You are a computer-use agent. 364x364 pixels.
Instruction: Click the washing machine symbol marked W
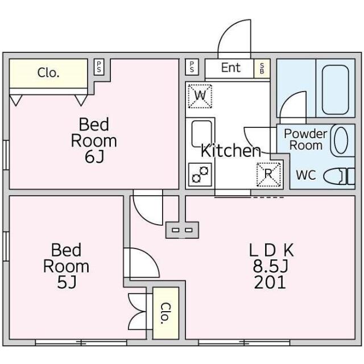[200, 96]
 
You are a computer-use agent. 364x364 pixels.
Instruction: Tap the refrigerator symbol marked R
[268, 175]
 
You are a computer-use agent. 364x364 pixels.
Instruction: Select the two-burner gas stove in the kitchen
[200, 175]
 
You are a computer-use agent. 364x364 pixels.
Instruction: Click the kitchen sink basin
[201, 134]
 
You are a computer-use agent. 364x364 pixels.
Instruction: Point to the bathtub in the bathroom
[336, 90]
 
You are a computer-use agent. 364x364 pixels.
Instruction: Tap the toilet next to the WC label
[339, 176]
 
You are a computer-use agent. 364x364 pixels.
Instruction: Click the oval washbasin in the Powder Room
[341, 140]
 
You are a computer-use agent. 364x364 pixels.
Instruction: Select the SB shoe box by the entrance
[262, 68]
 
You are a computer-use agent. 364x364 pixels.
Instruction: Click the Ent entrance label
[230, 68]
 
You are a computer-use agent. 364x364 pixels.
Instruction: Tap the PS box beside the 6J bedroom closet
[99, 67]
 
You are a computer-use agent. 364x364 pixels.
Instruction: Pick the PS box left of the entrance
[192, 67]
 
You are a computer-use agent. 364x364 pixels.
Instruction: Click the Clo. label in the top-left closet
[48, 73]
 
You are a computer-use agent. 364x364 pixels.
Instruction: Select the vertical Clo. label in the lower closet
[166, 313]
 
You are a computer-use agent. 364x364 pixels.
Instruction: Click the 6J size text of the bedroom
[94, 157]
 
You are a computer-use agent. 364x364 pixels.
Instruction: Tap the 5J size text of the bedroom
[67, 283]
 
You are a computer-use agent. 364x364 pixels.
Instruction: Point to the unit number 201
[270, 282]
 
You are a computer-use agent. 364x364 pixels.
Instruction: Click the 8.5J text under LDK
[271, 266]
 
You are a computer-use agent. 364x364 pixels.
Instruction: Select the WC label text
[306, 175]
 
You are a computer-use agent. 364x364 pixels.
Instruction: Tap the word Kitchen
[231, 151]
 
